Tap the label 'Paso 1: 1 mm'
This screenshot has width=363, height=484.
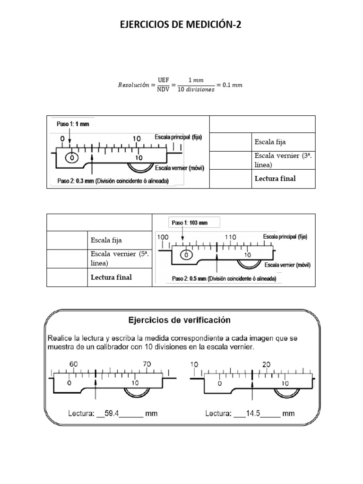pos(70,124)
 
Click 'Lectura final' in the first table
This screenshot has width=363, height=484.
pos(275,179)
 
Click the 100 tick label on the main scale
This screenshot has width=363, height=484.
pos(163,236)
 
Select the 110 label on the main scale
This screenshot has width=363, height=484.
pos(231,236)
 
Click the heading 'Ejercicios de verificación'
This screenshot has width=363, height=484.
pos(180,320)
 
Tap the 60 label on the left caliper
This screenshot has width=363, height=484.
pos(74,364)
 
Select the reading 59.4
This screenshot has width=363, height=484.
pos(112,414)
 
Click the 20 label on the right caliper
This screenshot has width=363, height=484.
pos(266,364)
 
